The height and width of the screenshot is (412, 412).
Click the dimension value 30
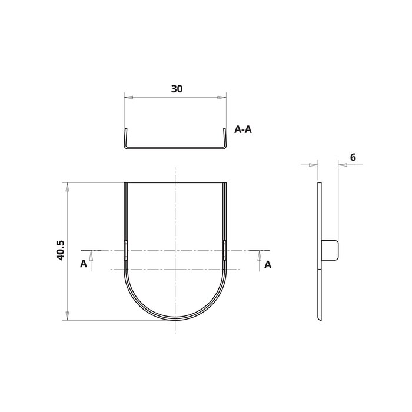tap(177, 89)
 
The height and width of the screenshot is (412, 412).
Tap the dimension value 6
tap(352, 157)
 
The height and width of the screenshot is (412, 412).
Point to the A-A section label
tap(243, 130)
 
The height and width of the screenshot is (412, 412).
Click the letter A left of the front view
tap(84, 264)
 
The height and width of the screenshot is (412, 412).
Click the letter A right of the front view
tap(268, 264)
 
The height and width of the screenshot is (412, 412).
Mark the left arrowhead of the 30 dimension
tap(128, 97)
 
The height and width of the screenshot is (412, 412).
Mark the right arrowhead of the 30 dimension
tap(222, 97)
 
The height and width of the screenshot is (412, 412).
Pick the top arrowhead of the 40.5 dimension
tap(68, 187)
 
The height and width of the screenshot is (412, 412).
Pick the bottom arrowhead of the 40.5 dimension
tap(68, 316)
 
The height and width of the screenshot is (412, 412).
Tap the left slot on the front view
tap(126, 250)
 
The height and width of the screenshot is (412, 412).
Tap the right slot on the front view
tap(225, 250)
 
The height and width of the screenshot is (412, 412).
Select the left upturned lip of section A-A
tap(125, 137)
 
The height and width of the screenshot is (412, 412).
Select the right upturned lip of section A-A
tap(225, 137)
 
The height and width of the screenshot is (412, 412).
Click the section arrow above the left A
tap(91, 254)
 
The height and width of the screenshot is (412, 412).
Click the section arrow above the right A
tap(260, 254)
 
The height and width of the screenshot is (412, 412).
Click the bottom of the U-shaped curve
tap(175, 318)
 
